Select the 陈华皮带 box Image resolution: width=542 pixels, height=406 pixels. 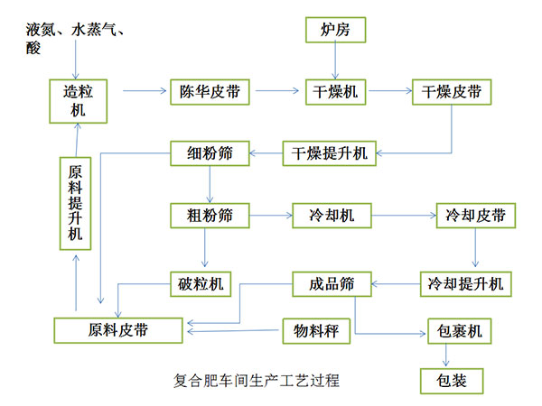point(210,91)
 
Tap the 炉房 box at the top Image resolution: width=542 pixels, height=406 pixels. point(336,31)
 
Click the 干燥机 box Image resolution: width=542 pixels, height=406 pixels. point(336,91)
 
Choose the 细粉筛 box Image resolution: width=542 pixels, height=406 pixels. point(209,153)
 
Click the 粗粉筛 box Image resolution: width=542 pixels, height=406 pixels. point(209,216)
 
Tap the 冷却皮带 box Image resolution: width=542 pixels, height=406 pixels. point(469,216)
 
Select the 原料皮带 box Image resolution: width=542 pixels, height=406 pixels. point(118,330)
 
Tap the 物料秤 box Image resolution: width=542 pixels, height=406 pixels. point(315,331)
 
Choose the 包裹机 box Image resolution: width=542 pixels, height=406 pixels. point(459,331)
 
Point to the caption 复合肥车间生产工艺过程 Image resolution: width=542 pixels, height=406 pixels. point(255,380)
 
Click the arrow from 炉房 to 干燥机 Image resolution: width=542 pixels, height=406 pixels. point(336,61)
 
